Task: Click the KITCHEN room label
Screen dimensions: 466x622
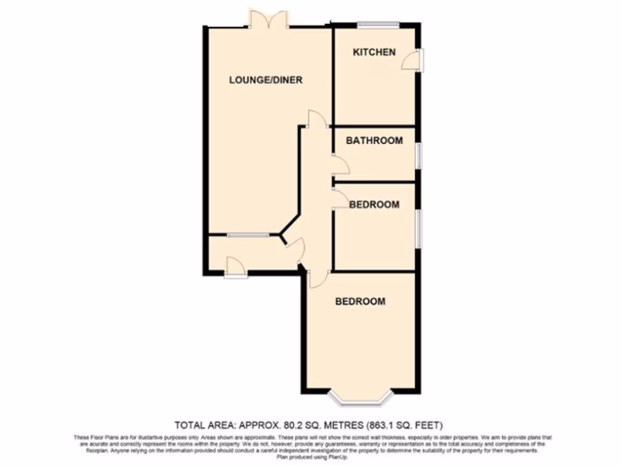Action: point(374,52)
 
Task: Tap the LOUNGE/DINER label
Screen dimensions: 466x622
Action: point(265,80)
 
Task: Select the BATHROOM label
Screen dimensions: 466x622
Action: point(374,141)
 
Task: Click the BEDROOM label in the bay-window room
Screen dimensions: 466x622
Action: point(360,301)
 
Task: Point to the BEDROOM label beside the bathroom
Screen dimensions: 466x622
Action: point(374,204)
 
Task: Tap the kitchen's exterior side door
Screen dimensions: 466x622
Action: point(417,59)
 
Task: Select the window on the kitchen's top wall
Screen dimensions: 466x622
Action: point(378,25)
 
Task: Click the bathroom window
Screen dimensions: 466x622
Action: point(418,155)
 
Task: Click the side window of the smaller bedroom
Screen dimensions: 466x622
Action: point(418,229)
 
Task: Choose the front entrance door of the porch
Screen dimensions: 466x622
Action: point(234,268)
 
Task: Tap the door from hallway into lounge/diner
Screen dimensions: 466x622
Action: point(316,118)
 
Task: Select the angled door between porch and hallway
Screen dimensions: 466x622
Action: point(293,248)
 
